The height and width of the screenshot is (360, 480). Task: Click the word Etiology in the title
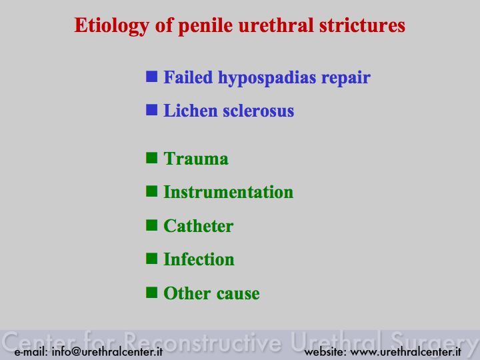[x=112, y=26]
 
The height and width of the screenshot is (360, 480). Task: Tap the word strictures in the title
[x=362, y=25]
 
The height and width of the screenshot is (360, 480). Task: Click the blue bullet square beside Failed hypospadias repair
[x=151, y=77]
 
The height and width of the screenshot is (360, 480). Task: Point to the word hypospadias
[x=267, y=78]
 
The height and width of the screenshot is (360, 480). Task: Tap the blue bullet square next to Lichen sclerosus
[x=151, y=110]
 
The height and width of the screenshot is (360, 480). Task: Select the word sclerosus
[x=259, y=111]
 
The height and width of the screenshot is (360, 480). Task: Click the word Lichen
[x=191, y=111]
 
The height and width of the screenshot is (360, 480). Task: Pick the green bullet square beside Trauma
[x=151, y=158]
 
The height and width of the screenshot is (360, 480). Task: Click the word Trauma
[x=196, y=159]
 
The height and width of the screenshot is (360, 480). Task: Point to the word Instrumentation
[x=229, y=192]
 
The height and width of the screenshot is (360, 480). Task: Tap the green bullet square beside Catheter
[x=151, y=225]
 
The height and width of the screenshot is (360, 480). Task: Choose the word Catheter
[x=199, y=226]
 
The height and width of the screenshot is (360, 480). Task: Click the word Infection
[x=199, y=259]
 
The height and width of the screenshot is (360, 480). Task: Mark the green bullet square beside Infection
[x=151, y=259]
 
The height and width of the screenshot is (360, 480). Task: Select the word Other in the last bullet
[x=187, y=293]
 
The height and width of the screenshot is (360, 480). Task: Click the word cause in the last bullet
[x=238, y=294]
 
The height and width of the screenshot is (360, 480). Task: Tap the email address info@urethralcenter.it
[x=107, y=351]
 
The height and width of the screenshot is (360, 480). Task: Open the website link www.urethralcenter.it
[x=405, y=351]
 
